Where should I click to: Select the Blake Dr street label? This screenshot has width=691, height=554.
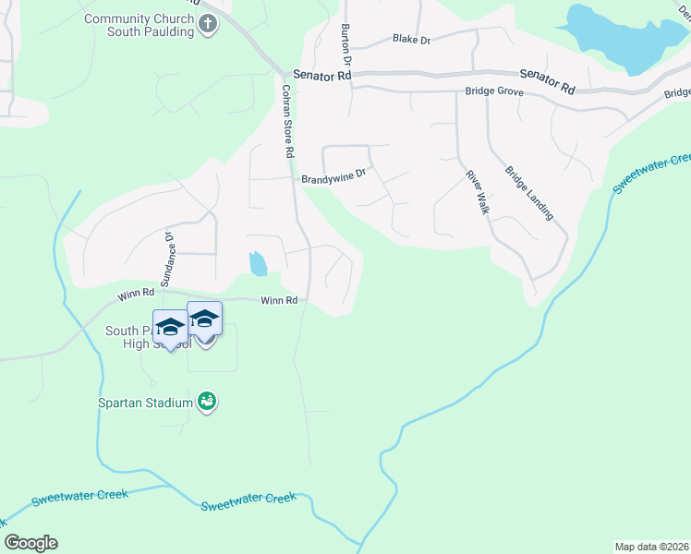click(x=410, y=39)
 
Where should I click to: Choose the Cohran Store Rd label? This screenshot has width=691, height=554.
click(x=288, y=121)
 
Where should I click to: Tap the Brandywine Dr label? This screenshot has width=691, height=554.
click(x=333, y=175)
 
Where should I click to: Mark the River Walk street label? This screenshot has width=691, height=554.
click(x=477, y=192)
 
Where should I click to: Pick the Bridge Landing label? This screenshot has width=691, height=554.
click(x=528, y=193)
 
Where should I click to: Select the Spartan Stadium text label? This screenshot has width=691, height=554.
click(x=146, y=403)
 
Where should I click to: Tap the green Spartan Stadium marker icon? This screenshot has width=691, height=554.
click(x=208, y=402)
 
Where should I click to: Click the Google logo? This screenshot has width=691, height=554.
click(x=31, y=543)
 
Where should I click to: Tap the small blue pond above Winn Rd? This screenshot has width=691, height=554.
click(x=258, y=264)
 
